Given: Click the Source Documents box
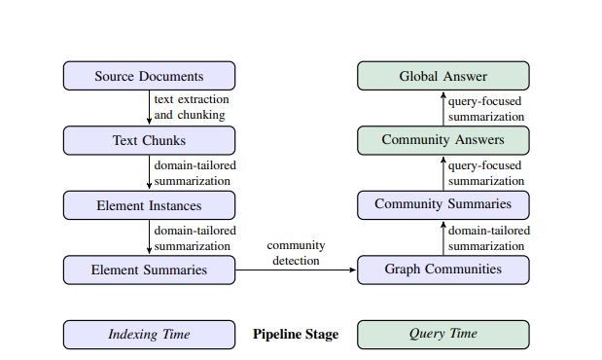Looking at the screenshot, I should [149, 76].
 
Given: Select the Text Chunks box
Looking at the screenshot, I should [149, 140].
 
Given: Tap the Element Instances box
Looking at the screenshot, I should [149, 204].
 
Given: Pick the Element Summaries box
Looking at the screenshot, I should [149, 270].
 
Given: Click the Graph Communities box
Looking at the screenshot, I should [443, 270].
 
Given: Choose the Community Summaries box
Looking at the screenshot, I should [443, 204].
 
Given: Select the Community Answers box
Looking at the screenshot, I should [443, 140].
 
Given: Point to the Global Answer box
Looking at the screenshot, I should [443, 76].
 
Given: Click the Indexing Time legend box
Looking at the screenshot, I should [149, 334].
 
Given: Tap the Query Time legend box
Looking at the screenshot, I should [443, 334].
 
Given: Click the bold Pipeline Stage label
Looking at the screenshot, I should [296, 334].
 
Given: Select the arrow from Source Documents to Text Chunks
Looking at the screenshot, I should [150, 108].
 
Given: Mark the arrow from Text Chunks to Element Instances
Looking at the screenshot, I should [150, 172].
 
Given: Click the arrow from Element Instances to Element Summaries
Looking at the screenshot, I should [150, 236].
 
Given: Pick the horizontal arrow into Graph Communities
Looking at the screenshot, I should [297, 270].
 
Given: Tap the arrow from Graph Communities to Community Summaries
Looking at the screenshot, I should [443, 237].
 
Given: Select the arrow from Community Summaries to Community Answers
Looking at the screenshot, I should [443, 172].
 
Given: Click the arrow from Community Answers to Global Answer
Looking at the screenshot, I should [443, 108].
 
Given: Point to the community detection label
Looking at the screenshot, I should [297, 253].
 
